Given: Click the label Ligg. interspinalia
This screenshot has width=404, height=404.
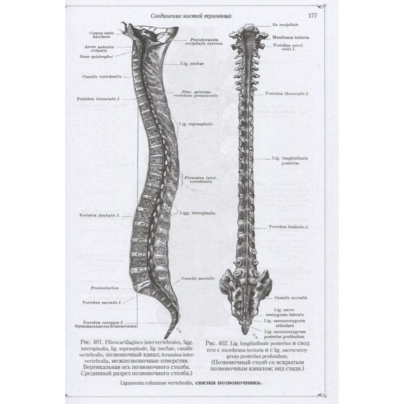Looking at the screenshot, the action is click(x=197, y=213).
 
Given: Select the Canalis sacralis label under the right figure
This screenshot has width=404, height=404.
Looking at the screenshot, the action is click(x=291, y=297).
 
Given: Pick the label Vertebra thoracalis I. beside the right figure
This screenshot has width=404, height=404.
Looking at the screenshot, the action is click(x=287, y=94).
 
